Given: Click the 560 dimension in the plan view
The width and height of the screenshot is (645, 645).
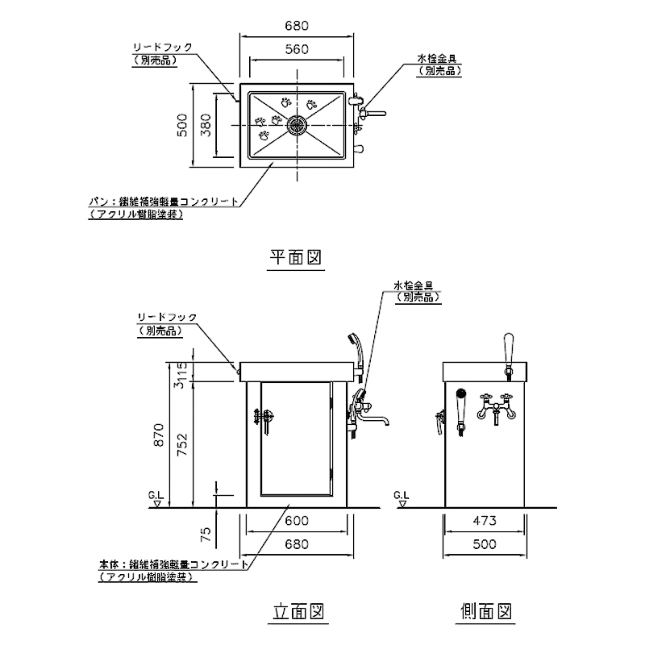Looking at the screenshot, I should pos(297,49).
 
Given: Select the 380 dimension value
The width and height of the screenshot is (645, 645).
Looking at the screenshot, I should pos(206,125).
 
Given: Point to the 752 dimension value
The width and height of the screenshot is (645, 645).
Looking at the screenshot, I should pos(206,444).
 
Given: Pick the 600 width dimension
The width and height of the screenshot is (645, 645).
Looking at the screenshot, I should pos(297,520).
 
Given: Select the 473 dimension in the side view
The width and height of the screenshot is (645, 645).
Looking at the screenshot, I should pos(485,520).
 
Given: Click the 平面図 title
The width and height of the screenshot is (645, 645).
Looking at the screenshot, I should pos(296,257).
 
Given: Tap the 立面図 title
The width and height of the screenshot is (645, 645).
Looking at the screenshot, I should pos(297,612).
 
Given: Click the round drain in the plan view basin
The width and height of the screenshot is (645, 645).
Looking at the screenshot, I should pos(297,125).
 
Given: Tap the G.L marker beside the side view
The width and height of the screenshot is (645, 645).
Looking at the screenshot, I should pos(401,497).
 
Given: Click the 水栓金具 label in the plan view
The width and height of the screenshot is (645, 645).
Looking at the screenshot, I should pos(438,60).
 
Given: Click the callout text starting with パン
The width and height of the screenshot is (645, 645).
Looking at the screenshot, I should pos(166,202).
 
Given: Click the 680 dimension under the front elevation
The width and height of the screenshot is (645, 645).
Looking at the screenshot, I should pos(297,544).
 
